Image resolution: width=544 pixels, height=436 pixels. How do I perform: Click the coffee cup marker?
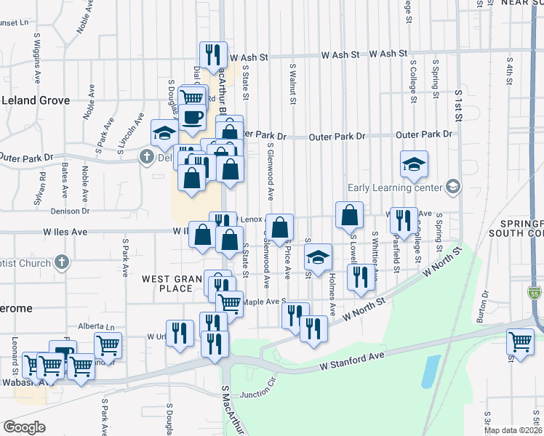coord(193,117)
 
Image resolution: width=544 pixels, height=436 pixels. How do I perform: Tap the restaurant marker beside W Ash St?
coord(212,54)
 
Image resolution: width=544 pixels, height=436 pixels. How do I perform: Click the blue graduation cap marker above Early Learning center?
coord(414,163)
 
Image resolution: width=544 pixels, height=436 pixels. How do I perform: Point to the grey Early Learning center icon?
coord(453,187)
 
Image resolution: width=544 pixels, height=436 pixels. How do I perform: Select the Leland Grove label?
coord(35,100)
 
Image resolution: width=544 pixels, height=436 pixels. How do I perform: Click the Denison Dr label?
coord(70,211)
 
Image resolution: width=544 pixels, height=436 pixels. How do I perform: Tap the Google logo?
coord(24,427)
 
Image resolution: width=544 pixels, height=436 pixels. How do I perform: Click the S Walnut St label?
coord(292,85)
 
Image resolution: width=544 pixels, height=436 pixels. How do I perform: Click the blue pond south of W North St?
coord(430,371)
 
